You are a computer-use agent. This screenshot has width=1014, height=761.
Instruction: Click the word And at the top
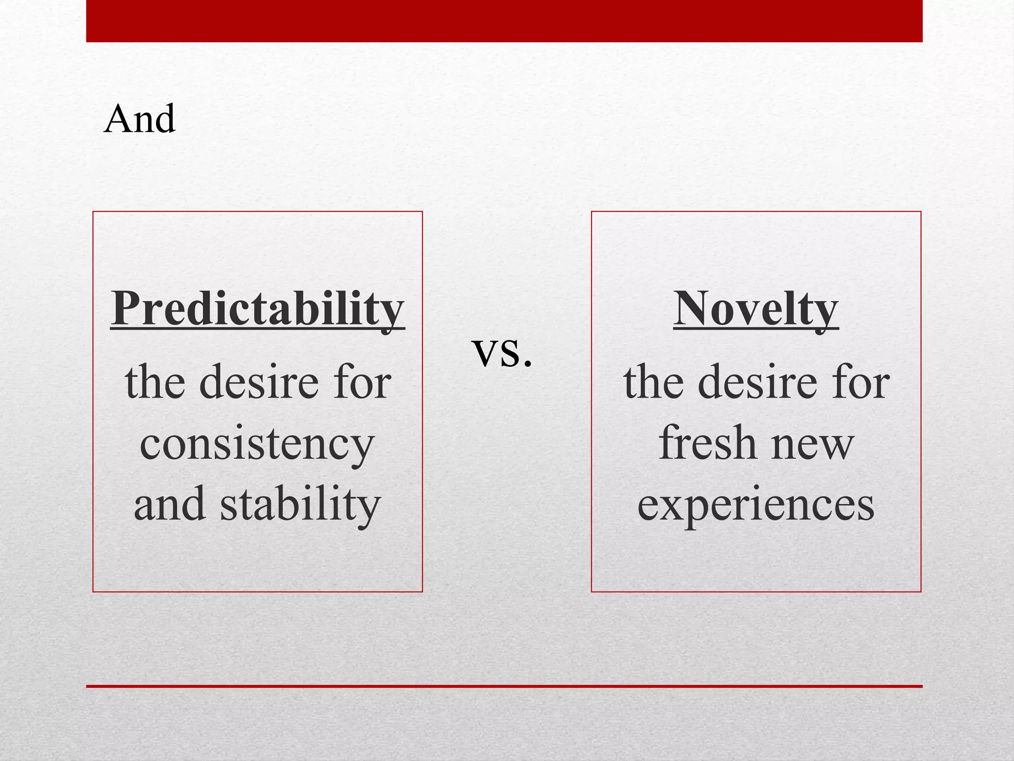tap(140, 119)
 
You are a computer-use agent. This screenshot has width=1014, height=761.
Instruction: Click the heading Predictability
tap(257, 308)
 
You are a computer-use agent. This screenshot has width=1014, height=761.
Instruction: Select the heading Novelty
tap(756, 308)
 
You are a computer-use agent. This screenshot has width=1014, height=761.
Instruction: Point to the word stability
tap(300, 504)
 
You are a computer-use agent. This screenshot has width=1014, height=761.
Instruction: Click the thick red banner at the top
tap(504, 21)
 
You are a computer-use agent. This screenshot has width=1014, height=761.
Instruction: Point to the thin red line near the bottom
tap(504, 686)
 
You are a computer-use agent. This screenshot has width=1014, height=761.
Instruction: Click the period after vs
tap(527, 365)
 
